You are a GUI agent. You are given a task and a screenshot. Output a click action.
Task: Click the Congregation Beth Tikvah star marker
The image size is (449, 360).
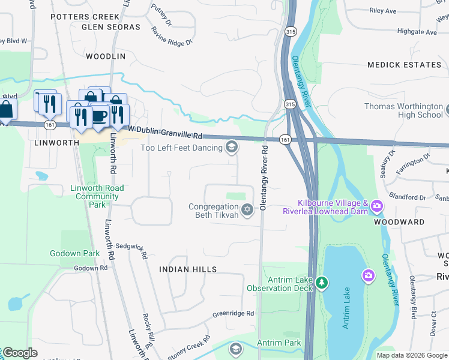click(247, 209)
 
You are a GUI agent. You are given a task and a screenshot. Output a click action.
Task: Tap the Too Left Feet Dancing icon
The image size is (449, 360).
click(232, 148)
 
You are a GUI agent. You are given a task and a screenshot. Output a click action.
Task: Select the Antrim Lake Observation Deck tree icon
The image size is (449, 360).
click(322, 282)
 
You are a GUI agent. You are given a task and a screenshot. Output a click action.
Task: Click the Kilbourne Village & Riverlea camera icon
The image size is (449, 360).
click(376, 206)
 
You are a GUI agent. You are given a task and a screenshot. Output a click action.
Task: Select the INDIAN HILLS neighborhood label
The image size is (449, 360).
click(187, 270)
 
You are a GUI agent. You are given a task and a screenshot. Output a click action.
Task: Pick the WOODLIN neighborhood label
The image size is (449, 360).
click(106, 56)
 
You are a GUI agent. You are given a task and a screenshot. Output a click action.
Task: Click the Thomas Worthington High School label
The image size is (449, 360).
click(403, 110)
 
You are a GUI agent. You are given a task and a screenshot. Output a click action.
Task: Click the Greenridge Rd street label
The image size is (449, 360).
click(233, 314)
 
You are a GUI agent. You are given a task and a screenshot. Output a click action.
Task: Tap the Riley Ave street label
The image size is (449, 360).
click(383, 11)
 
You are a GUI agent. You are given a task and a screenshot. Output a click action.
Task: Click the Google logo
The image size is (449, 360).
click(20, 353)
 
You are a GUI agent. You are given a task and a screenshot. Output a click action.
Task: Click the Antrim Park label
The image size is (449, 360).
click(279, 343)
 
